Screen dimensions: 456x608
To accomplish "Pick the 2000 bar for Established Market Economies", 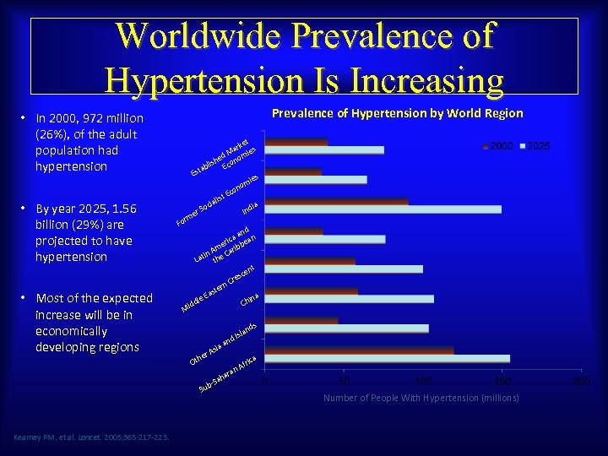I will click(x=296, y=142).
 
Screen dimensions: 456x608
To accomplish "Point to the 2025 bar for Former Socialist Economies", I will click(x=316, y=180).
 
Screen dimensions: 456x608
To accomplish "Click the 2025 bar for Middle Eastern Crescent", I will click(x=344, y=269).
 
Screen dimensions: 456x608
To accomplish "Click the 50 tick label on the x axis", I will click(x=344, y=382).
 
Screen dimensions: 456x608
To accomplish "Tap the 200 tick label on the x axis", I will click(x=581, y=382).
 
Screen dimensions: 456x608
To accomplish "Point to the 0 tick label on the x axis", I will click(x=265, y=382).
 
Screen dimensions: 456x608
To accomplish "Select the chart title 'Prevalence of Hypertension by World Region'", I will click(x=397, y=113).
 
